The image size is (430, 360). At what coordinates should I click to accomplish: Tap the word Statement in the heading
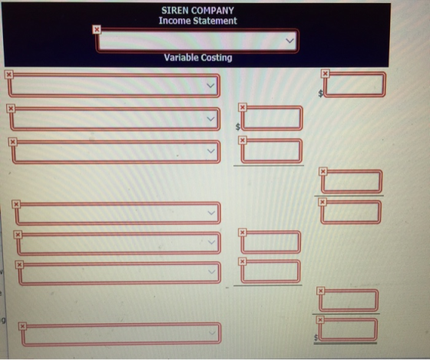215,21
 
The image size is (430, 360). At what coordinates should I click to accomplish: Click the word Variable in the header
181,58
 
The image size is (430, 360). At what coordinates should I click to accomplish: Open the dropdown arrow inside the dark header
289,41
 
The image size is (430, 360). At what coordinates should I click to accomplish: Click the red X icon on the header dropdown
97,29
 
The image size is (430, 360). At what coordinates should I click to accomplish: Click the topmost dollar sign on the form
320,94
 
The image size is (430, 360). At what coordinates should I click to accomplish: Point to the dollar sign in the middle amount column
238,127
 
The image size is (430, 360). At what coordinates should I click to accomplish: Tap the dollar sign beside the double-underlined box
316,338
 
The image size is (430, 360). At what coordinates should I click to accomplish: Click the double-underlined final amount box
348,329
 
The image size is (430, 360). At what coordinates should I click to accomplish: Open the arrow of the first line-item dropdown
210,85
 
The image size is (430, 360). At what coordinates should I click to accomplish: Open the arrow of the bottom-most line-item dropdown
212,332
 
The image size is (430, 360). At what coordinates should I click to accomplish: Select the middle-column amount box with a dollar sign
272,118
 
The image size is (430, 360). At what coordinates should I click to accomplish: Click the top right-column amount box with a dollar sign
355,84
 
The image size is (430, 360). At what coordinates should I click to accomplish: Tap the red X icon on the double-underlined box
320,319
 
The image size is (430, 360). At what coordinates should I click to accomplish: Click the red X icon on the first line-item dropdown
8,74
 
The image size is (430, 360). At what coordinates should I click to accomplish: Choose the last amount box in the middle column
270,272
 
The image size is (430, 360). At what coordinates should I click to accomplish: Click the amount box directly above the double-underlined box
349,300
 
